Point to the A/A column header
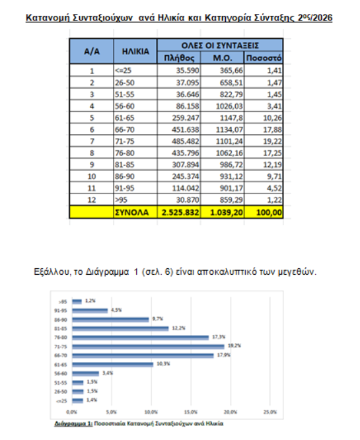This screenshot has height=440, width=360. pos(92,51)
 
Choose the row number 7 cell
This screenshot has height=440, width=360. pos(92,141)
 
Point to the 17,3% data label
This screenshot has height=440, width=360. pos(218,337)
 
